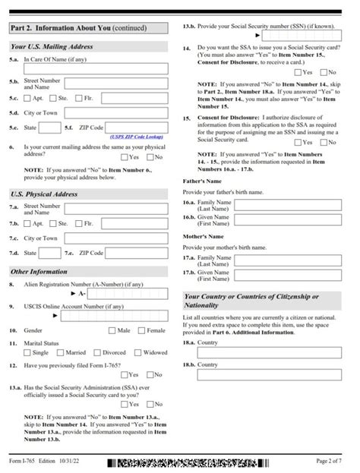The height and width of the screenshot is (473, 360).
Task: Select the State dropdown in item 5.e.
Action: click(x=50, y=128)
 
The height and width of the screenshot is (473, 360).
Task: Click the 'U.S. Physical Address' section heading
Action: click(x=45, y=194)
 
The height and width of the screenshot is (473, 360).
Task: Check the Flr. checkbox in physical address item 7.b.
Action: click(x=79, y=224)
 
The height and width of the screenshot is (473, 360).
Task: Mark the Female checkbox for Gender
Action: click(x=142, y=331)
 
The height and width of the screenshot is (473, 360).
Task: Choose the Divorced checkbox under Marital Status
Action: click(x=97, y=352)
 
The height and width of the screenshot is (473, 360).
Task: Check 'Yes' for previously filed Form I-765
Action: click(x=124, y=374)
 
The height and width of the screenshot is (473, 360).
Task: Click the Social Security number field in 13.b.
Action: click(x=303, y=35)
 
